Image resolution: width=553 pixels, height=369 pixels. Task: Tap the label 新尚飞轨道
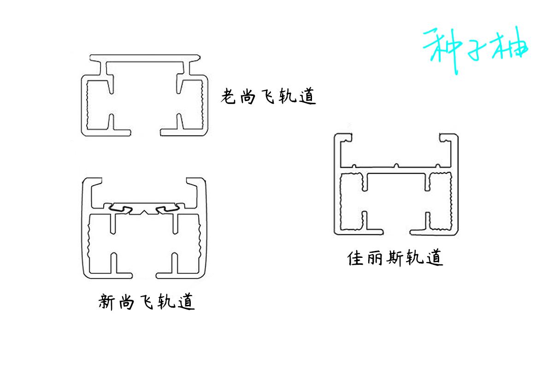(147, 302)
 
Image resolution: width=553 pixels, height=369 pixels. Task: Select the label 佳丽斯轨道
(395, 258)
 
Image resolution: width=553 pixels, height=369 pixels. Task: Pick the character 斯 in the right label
(395, 258)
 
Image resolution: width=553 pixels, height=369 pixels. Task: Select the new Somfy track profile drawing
(143, 228)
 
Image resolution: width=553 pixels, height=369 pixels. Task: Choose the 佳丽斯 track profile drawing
(396, 184)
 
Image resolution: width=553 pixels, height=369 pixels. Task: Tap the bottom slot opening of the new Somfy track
(143, 276)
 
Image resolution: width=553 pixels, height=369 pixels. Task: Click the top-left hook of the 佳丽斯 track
(341, 138)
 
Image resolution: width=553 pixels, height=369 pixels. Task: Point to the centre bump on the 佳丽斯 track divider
(396, 164)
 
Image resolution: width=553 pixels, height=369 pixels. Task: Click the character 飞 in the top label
(270, 97)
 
